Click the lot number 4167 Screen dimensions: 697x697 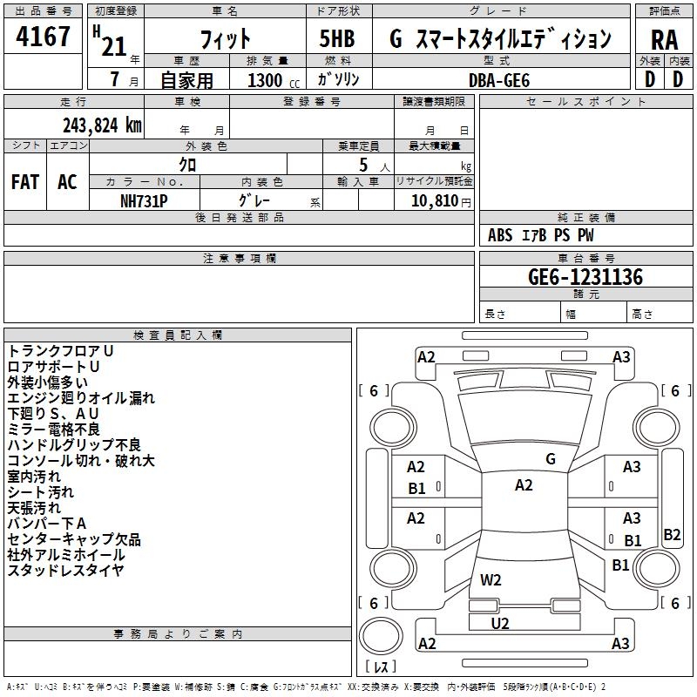pyautogui.click(x=43, y=36)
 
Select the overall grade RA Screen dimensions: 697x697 pyautogui.click(x=664, y=40)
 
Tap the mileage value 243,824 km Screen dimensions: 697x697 pyautogui.click(x=102, y=125)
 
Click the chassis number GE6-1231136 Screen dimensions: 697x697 pyautogui.click(x=585, y=277)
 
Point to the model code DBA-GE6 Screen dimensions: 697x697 pyautogui.click(x=499, y=80)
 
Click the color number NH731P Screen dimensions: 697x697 pyautogui.click(x=144, y=201)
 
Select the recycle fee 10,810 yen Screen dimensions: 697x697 pyautogui.click(x=441, y=201)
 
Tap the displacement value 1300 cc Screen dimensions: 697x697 pyautogui.click(x=274, y=80)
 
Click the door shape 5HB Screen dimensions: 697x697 pyautogui.click(x=337, y=38)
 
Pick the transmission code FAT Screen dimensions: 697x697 pyautogui.click(x=25, y=182)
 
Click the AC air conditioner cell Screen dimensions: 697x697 pyautogui.click(x=67, y=182)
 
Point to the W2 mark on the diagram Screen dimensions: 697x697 pyautogui.click(x=491, y=579)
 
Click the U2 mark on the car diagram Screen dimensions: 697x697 pyautogui.click(x=500, y=623)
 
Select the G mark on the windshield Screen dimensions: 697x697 pyautogui.click(x=551, y=458)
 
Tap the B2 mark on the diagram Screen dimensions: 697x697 pyautogui.click(x=672, y=534)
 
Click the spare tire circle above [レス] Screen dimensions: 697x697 pyautogui.click(x=381, y=636)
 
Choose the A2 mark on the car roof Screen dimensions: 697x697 pyautogui.click(x=524, y=485)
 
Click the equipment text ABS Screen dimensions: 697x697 pyautogui.click(x=500, y=235)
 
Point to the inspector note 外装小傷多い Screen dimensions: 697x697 pyautogui.click(x=48, y=382)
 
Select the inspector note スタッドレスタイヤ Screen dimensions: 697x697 pyautogui.click(x=65, y=570)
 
